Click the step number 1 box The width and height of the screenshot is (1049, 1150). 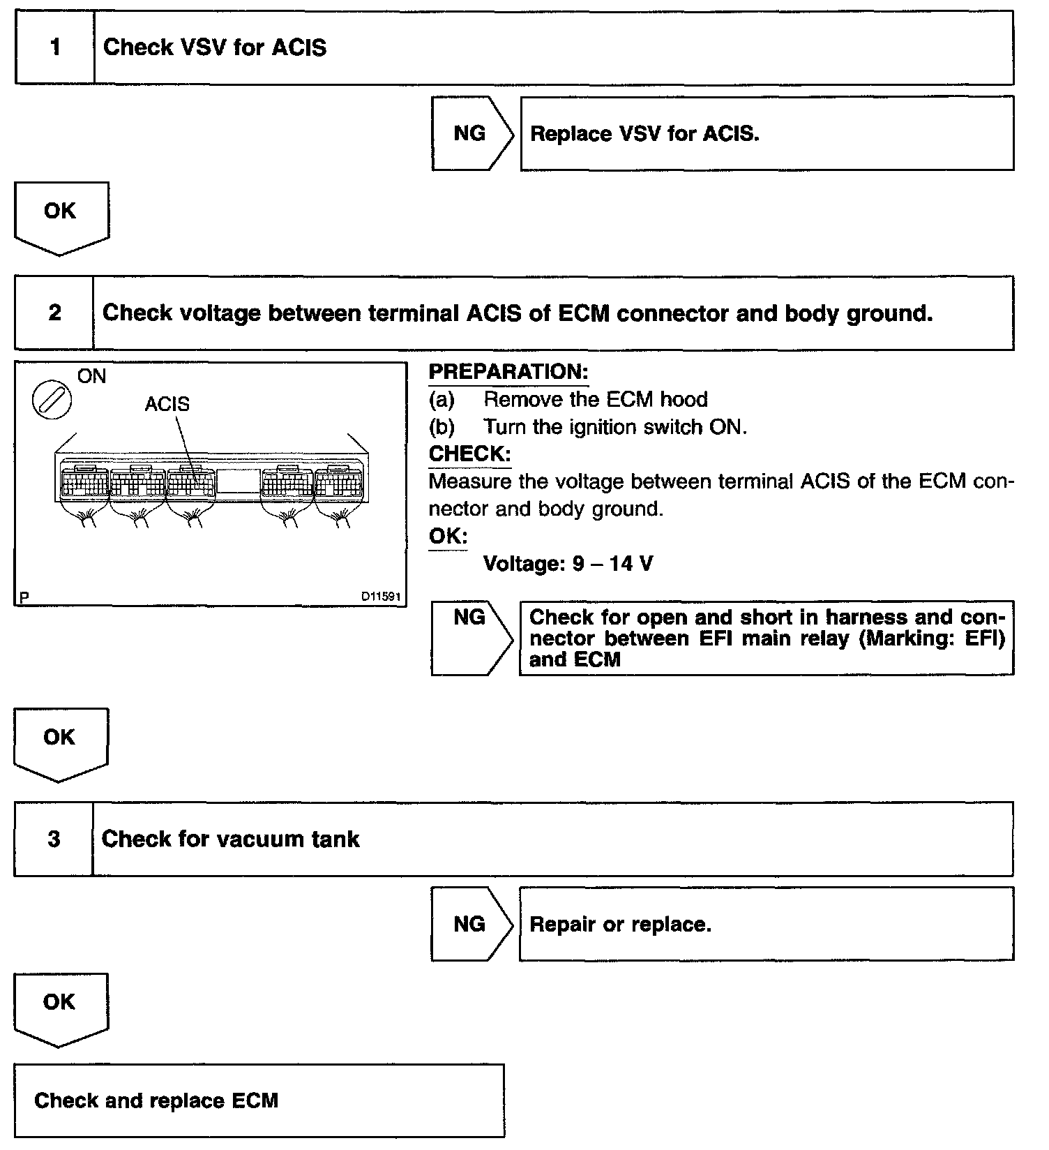pyautogui.click(x=54, y=47)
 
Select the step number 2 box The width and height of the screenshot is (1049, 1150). pyautogui.click(x=54, y=313)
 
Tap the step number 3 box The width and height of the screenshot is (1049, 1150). pyautogui.click(x=54, y=839)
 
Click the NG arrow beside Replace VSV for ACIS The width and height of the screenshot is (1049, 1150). pyautogui.click(x=471, y=133)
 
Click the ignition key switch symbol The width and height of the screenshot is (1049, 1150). pyautogui.click(x=52, y=403)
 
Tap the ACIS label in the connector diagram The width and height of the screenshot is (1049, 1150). pyautogui.click(x=167, y=404)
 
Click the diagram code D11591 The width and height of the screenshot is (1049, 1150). pyautogui.click(x=380, y=597)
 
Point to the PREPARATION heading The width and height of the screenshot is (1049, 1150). pyautogui.click(x=508, y=372)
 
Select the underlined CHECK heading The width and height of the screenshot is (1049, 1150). pyautogui.click(x=469, y=454)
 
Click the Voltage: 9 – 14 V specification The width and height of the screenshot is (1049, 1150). pyautogui.click(x=568, y=564)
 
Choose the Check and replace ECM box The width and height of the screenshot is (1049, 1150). pyautogui.click(x=259, y=1100)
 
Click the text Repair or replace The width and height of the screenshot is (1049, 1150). pyautogui.click(x=620, y=925)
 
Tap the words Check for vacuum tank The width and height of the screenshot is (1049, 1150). pyautogui.click(x=230, y=839)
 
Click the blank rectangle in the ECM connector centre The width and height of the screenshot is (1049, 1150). pyautogui.click(x=238, y=481)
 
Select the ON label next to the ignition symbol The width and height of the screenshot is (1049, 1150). pyautogui.click(x=91, y=377)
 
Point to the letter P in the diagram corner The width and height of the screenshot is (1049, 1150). pyautogui.click(x=25, y=597)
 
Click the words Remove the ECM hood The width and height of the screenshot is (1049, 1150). pyautogui.click(x=596, y=400)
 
